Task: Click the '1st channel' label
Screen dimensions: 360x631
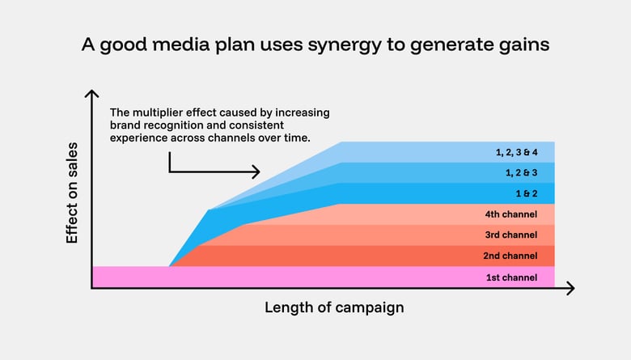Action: coord(510,277)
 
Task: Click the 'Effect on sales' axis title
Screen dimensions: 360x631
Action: coord(72,193)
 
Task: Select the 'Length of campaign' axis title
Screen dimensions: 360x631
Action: coord(334,308)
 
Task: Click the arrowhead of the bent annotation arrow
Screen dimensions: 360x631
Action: coord(256,172)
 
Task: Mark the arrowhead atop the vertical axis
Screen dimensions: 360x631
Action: coord(91,95)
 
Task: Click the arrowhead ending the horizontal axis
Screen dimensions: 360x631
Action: coord(570,288)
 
